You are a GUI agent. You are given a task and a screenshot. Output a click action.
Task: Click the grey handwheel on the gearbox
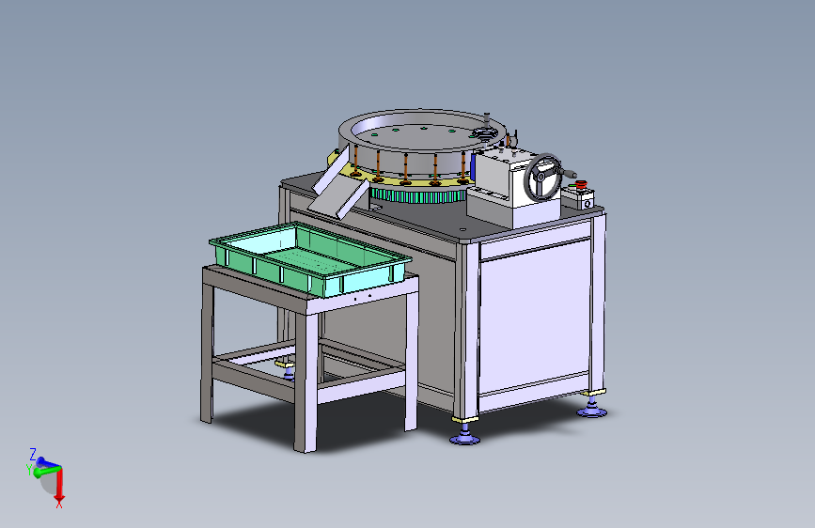[542, 177]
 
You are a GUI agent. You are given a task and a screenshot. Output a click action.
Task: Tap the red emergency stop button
[581, 184]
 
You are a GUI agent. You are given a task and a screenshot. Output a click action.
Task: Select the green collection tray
[310, 258]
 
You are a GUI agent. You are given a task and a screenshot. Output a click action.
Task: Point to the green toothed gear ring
[418, 195]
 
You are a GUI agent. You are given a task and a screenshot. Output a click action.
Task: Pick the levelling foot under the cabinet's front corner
[464, 434]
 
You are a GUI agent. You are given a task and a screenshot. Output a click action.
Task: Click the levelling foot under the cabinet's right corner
[591, 409]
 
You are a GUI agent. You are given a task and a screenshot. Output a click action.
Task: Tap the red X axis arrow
[59, 486]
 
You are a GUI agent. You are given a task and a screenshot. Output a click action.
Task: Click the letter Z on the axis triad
[33, 455]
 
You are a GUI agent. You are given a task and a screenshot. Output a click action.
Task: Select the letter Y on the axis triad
[28, 470]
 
